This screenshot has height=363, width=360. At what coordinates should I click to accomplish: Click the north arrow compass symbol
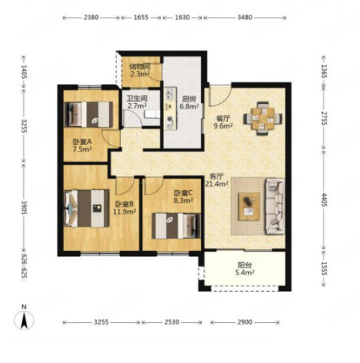24,320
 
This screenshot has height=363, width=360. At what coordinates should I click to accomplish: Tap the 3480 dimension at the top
245,17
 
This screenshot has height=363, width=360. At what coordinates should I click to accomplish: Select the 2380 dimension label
91,17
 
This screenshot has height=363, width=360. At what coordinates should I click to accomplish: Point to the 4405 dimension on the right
324,200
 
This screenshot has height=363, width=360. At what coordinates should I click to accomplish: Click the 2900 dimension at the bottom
245,322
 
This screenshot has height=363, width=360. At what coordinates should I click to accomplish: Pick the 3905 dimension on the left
24,207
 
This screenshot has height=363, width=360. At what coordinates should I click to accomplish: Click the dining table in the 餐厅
263,119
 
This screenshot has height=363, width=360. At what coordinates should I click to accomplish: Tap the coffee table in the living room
249,206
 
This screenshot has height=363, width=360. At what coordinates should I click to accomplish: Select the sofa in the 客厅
275,206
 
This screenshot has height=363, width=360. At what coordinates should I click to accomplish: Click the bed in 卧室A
88,114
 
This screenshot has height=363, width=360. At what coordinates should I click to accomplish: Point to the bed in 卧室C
176,226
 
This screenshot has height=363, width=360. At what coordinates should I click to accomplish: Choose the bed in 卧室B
86,209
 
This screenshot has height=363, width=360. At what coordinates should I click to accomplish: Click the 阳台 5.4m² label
245,269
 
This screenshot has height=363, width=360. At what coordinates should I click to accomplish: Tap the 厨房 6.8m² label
189,102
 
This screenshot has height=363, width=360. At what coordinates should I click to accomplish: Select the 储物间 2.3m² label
140,71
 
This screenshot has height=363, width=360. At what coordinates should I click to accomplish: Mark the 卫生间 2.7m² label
137,102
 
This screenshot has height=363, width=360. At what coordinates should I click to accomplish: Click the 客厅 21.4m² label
217,180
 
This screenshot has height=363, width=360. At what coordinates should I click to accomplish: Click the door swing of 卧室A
111,139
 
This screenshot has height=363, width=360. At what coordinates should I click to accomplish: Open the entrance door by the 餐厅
220,96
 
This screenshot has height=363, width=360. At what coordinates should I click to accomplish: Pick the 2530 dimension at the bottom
171,322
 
